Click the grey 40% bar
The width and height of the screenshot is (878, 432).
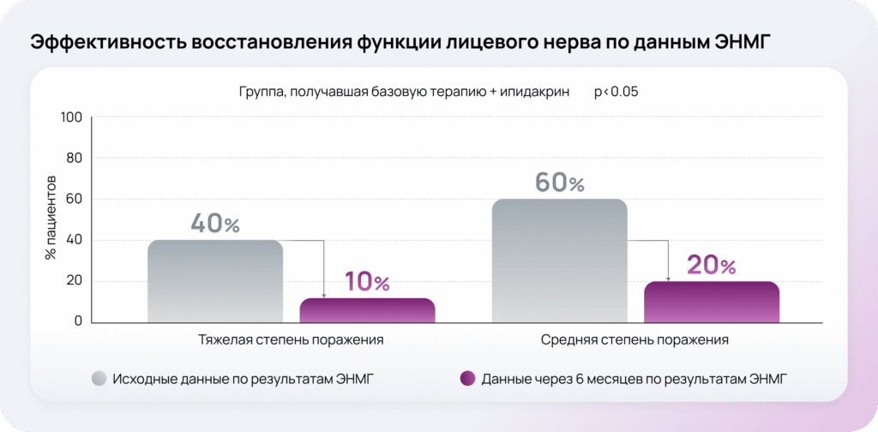[215, 281]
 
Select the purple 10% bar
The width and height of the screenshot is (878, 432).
[368, 310]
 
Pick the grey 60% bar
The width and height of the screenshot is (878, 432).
[558, 261]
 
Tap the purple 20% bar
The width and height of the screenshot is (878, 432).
[711, 302]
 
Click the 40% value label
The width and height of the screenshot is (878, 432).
[215, 224]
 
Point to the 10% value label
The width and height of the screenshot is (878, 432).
[367, 281]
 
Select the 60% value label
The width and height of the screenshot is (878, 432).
[559, 183]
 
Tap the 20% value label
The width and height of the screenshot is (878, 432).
[711, 265]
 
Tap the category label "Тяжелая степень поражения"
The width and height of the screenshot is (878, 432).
[292, 340]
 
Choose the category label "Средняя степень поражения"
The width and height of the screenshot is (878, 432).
[634, 340]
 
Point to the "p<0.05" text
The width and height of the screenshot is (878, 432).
[616, 91]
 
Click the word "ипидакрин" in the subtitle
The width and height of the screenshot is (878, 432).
[534, 91]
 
